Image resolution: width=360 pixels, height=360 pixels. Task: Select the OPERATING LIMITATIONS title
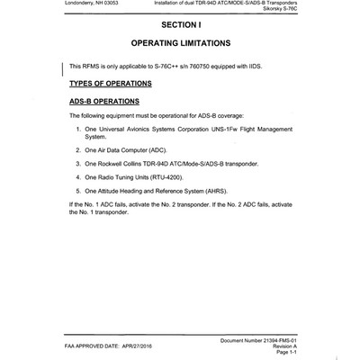[x=180, y=44]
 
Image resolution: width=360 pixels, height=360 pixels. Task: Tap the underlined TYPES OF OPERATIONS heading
[x=110, y=84]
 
